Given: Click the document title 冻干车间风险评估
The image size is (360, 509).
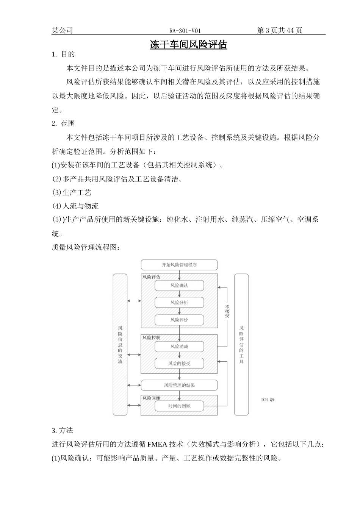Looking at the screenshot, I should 188,45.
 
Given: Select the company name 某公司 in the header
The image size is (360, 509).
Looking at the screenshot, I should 62,31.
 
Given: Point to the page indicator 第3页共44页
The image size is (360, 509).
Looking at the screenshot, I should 279,31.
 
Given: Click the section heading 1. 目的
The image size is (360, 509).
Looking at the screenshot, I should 63,54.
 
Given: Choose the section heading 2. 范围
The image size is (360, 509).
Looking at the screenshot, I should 63,123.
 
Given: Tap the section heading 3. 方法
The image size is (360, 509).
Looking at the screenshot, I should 62,431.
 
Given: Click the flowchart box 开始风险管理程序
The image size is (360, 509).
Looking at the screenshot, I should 179,265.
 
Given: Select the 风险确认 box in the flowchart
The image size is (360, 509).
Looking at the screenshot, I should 179,285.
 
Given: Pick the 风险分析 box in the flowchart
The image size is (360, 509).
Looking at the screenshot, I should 179,303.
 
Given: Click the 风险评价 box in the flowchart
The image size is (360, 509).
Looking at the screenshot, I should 179,320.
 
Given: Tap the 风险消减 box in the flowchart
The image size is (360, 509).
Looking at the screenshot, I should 179,346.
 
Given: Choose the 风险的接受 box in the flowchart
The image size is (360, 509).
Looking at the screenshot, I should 179,364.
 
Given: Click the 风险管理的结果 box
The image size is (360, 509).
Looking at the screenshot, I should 179,385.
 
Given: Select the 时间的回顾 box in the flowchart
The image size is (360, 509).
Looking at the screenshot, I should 179,406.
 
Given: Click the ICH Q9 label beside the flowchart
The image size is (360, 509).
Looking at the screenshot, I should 268,399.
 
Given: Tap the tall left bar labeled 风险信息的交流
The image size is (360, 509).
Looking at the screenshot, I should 120,344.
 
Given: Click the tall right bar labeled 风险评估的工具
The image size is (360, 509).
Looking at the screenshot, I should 241,344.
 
